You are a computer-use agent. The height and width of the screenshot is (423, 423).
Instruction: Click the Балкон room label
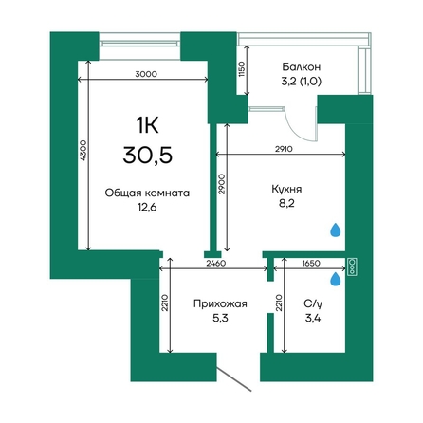(302, 67)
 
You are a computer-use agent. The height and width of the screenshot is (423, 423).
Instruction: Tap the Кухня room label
(286, 189)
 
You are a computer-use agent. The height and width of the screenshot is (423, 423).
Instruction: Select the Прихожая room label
(220, 303)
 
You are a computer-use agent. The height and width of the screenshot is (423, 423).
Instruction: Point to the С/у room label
(313, 304)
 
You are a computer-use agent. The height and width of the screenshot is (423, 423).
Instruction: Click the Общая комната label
(147, 193)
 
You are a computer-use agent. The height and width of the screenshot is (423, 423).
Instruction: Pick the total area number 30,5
(148, 155)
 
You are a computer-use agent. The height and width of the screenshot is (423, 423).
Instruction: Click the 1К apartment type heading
(147, 125)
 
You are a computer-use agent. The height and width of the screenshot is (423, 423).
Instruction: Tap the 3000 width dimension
(146, 74)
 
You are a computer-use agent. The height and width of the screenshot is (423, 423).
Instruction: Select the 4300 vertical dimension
(83, 151)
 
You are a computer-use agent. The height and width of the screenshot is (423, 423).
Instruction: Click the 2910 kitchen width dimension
(284, 149)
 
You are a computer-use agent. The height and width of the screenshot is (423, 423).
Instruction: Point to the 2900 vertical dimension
(222, 184)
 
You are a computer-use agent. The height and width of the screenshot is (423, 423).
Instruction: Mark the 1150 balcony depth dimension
(242, 69)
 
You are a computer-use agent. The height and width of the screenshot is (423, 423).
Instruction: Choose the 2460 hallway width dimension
(216, 263)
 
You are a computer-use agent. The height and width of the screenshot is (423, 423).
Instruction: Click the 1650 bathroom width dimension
(311, 263)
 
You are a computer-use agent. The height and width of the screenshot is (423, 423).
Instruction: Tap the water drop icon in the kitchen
(336, 230)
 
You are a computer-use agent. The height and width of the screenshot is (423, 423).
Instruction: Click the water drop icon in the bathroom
(336, 280)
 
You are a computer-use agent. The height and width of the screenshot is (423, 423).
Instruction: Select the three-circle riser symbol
(352, 267)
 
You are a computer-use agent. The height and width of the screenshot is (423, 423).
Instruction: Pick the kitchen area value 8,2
(286, 203)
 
